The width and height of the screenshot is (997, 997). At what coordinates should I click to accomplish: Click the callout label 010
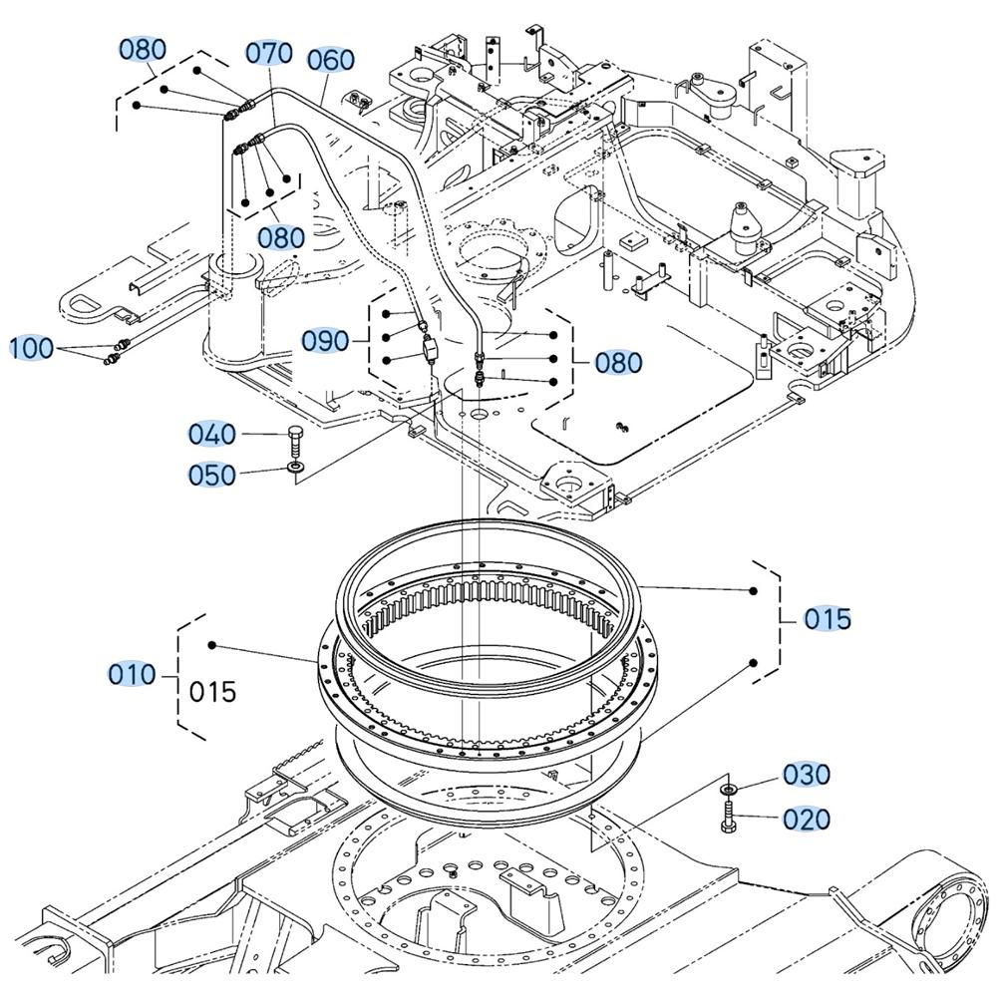(133, 675)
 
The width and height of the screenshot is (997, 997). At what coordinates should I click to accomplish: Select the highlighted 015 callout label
(829, 619)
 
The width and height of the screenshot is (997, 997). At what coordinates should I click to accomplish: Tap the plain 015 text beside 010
(213, 691)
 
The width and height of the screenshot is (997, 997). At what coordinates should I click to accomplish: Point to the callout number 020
(806, 819)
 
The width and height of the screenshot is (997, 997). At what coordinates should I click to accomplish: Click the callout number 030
(806, 774)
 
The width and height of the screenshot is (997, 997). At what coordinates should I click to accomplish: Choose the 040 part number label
(212, 434)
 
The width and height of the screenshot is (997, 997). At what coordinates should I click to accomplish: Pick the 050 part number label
(212, 475)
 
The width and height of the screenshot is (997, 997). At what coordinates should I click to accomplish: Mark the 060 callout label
(330, 60)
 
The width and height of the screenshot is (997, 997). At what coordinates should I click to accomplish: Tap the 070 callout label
(269, 52)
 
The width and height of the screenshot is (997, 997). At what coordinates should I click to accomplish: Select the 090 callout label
(326, 341)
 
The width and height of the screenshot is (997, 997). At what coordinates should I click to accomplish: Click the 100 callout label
(32, 348)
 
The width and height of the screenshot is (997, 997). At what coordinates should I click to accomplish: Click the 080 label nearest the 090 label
(618, 362)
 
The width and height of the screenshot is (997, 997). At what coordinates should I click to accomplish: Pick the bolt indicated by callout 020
(726, 825)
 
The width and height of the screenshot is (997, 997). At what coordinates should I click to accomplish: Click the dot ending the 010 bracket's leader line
(211, 645)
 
